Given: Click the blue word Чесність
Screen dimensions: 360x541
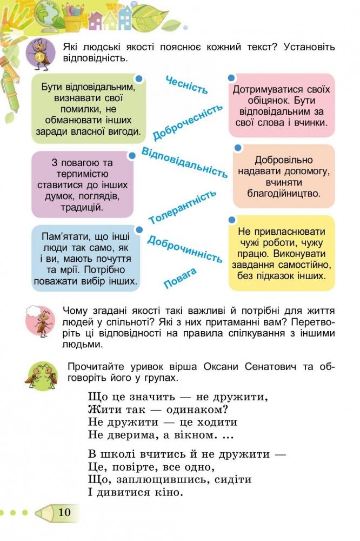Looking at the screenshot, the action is (186, 85).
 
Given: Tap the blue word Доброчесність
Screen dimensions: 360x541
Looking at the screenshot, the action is (188, 122).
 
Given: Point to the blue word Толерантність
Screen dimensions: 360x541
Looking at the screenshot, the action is (182, 207).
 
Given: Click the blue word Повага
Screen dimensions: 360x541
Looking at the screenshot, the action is (180, 278).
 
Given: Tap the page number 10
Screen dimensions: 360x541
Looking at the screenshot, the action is (64, 512).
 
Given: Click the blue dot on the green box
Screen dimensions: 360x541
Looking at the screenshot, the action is (139, 79).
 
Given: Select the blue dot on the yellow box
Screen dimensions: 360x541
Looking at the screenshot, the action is (232, 220).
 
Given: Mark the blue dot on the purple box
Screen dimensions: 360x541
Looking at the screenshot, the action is (132, 156).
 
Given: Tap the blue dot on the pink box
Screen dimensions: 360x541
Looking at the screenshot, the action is (232, 78).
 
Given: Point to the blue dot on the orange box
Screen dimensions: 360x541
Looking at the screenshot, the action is (238, 148).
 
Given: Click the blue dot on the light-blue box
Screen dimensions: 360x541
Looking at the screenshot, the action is (139, 230).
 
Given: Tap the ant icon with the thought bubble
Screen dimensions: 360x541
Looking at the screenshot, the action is (41, 321).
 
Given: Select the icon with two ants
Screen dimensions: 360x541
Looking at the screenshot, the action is (41, 375).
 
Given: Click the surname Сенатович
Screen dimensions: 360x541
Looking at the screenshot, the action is (271, 366).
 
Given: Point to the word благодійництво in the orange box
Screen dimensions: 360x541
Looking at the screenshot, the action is (284, 194).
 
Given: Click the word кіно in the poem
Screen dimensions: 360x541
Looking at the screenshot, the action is (169, 492).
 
